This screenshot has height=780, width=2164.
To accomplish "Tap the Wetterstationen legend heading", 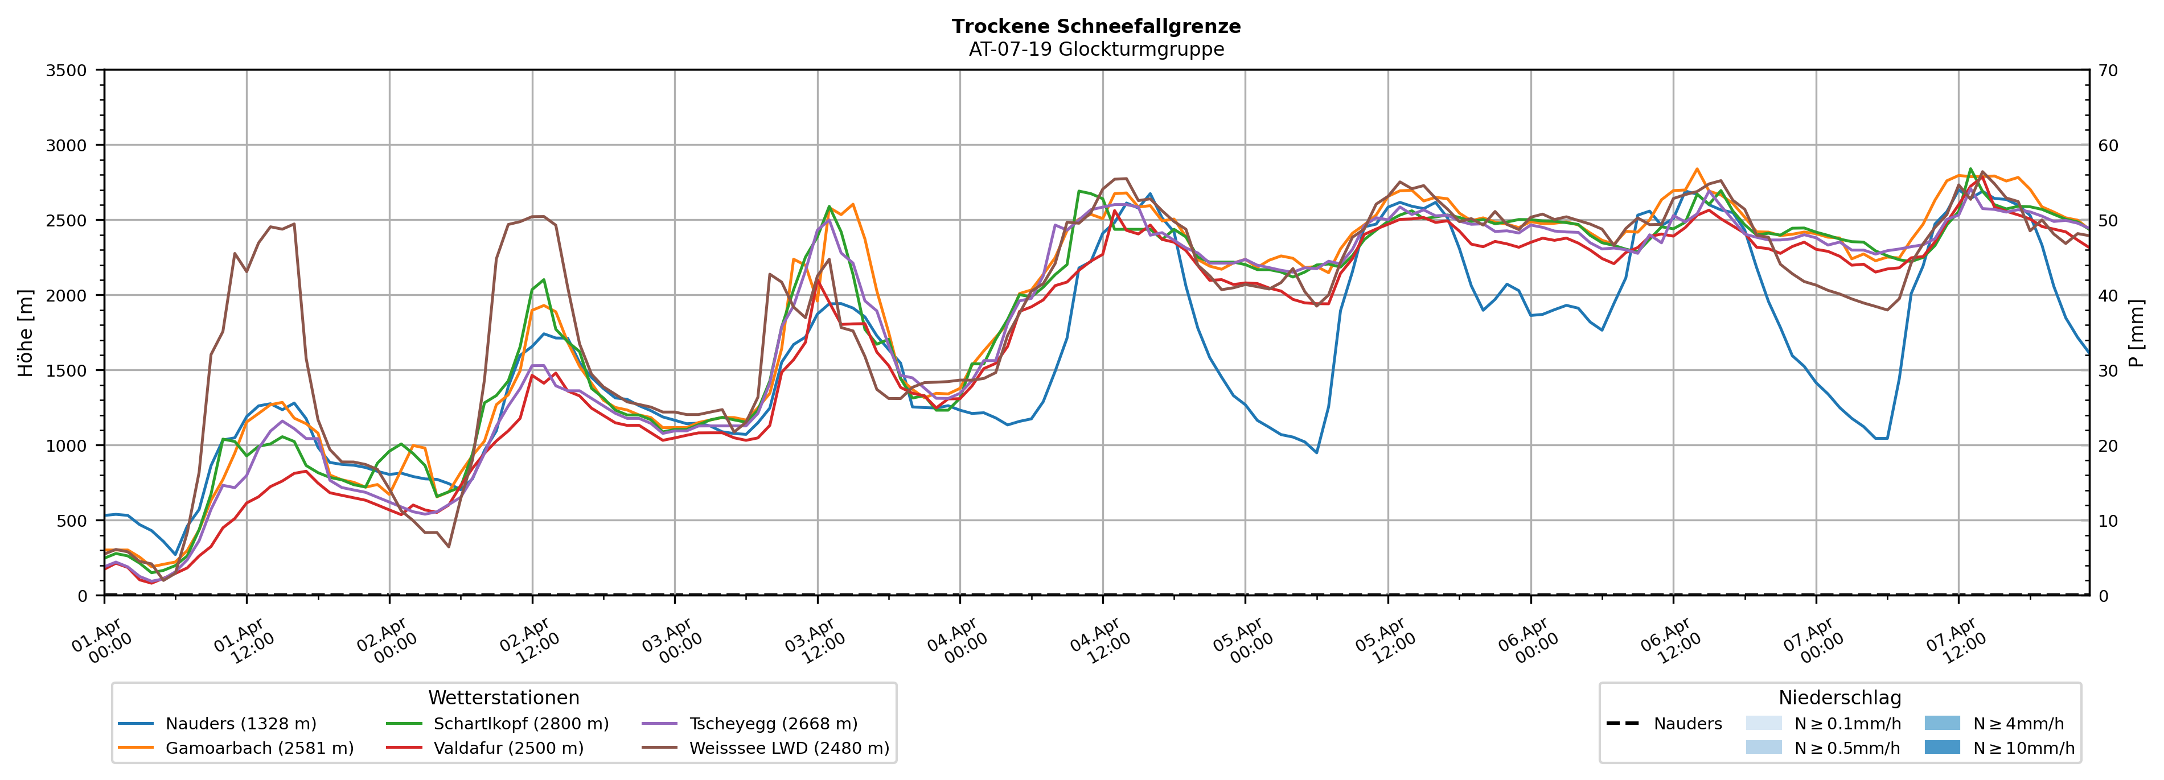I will (503, 698).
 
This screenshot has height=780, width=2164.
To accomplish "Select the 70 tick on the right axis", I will (2108, 71).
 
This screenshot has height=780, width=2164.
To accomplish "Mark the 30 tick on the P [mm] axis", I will (2108, 370).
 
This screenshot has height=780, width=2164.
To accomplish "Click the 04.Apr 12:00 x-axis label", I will (1097, 641).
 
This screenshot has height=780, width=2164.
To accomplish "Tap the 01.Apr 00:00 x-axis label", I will (102, 641).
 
